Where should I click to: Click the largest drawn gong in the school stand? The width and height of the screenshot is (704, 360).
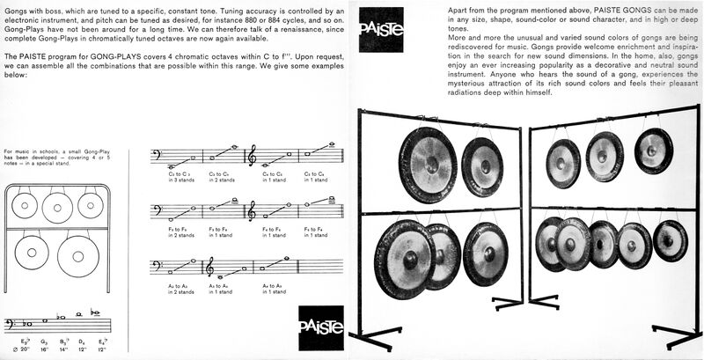point(78,256)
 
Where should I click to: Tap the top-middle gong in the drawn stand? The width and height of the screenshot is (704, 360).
point(57,208)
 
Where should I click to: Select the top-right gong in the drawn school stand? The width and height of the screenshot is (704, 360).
point(92,206)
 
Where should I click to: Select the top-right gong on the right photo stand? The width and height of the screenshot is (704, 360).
point(653,150)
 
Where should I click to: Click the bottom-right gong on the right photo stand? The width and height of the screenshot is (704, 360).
point(671,240)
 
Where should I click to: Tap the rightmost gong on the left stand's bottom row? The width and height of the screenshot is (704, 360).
point(486,254)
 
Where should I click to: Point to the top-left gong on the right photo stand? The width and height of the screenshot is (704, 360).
point(562,163)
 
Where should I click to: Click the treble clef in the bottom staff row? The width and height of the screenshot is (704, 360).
point(211,266)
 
